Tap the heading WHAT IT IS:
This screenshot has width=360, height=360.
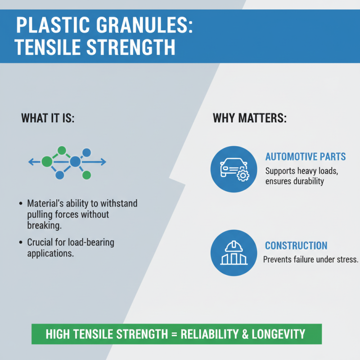pyautogui.click(x=48, y=119)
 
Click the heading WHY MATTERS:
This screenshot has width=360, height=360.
pyautogui.click(x=250, y=119)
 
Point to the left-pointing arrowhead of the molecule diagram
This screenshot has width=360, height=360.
pyautogui.click(x=30, y=162)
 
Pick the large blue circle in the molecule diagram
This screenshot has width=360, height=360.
pyautogui.click(x=75, y=162)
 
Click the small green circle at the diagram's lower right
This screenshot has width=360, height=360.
pyautogui.click(x=87, y=175)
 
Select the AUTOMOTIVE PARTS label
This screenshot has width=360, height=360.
pyautogui.click(x=306, y=157)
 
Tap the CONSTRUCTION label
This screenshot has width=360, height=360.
pyautogui.click(x=296, y=246)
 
